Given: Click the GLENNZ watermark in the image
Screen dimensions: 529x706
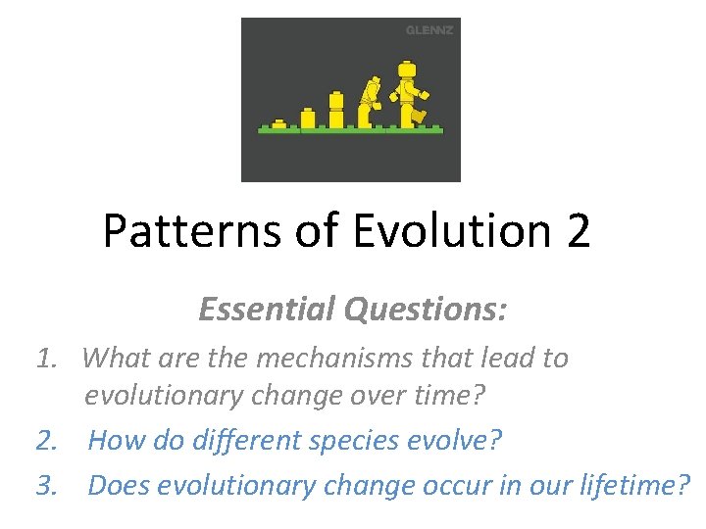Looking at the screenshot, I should click(x=429, y=30).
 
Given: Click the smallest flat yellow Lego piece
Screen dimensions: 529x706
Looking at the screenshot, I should click(x=279, y=123).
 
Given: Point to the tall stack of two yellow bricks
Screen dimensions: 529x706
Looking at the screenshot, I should click(x=336, y=109).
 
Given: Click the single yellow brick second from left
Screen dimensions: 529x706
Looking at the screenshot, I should click(x=308, y=118).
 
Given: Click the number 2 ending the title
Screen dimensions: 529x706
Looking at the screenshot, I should click(x=578, y=231).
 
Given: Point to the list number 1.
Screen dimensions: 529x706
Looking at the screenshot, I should click(x=45, y=359).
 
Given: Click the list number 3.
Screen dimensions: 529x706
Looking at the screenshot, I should click(x=45, y=485).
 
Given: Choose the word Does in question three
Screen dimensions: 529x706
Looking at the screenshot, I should click(x=120, y=485).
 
